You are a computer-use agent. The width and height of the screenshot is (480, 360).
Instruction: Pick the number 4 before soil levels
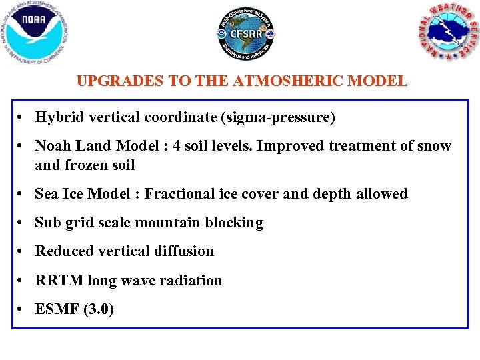click(177, 146)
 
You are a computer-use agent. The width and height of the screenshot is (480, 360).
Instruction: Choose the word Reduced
click(64, 251)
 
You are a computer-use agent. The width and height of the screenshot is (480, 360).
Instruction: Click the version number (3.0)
click(99, 310)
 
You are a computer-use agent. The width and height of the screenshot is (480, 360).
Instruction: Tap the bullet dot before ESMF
click(22, 310)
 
